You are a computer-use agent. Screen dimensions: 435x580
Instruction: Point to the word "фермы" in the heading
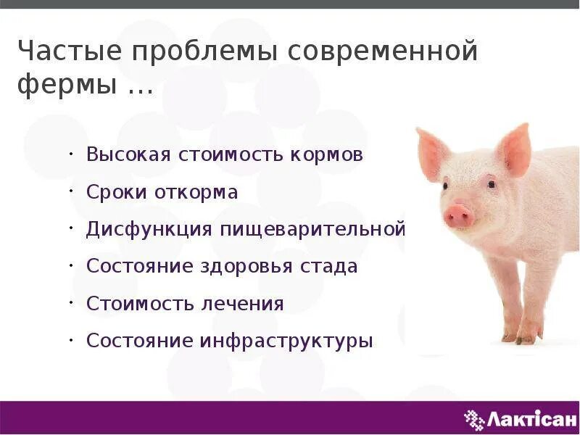point(67,87)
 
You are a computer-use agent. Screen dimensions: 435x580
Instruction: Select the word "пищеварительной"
point(319,230)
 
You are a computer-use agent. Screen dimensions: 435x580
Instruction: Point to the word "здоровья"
point(247,267)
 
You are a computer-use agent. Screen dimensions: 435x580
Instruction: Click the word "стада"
point(329,266)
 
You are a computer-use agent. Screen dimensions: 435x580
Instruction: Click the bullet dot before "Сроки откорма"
point(72,190)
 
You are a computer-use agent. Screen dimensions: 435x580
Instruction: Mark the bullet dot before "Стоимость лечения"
point(72,300)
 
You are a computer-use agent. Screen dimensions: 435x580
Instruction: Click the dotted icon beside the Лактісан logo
point(473,418)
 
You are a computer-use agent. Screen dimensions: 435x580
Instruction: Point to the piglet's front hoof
point(526,336)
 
